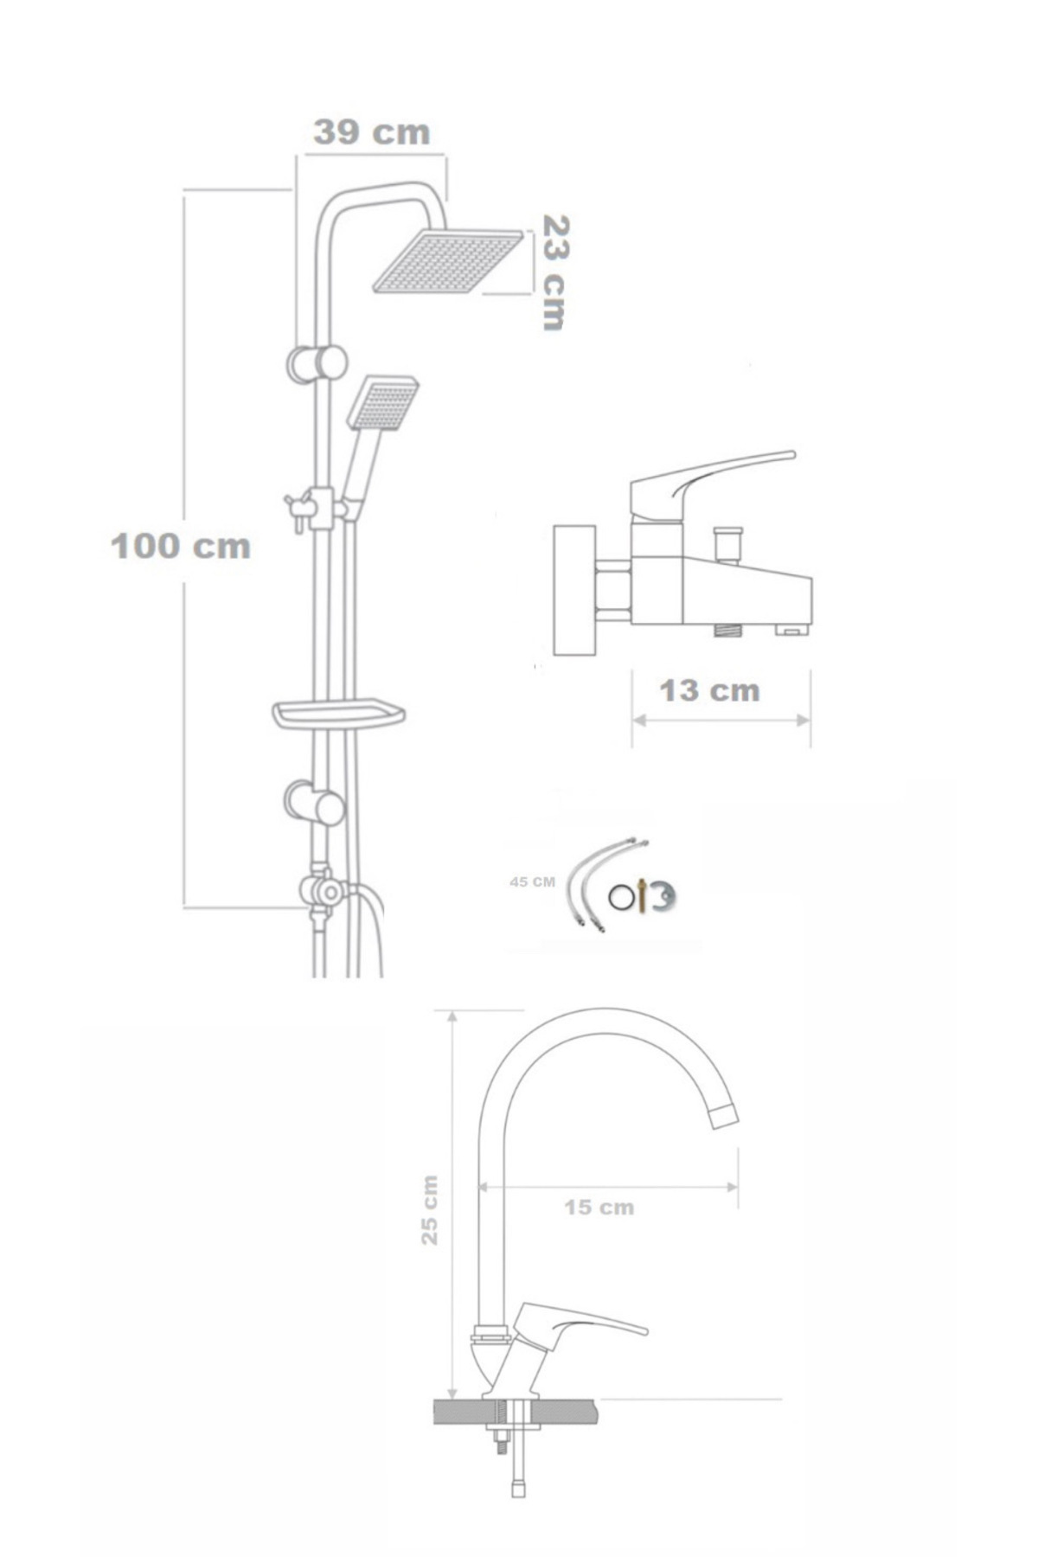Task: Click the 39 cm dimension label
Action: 371,132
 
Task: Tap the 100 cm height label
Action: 181,546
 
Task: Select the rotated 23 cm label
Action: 554,272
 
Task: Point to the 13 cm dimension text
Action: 709,690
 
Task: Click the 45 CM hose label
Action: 533,882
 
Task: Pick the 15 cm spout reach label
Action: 599,1207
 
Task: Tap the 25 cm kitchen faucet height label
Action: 430,1209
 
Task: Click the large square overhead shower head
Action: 448,259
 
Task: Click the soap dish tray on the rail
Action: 339,714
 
